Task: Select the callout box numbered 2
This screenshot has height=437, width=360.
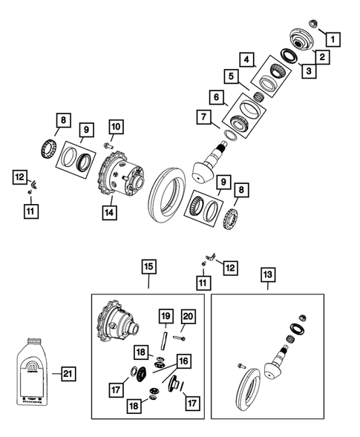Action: coord(323,56)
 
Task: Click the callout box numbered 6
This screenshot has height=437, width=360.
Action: coord(216,96)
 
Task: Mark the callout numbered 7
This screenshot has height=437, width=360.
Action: coord(203,117)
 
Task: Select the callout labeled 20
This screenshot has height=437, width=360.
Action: coord(187,319)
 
